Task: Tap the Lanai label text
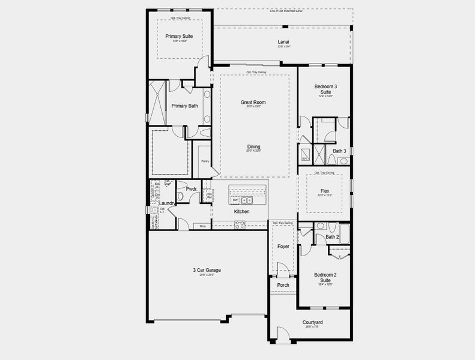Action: tap(283, 42)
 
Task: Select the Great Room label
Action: tap(253, 102)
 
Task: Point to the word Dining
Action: tap(253, 146)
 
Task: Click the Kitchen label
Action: tap(241, 211)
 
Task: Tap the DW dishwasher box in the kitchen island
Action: tap(235, 200)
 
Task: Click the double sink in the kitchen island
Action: tap(246, 200)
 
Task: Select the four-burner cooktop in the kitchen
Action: tap(240, 225)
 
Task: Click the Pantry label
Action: tap(205, 161)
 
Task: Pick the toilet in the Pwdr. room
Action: tap(180, 196)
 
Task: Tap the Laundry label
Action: tap(168, 203)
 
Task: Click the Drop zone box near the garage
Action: tap(203, 226)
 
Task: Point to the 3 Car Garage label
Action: tap(203, 270)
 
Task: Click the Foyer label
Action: tap(283, 246)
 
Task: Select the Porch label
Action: tap(283, 285)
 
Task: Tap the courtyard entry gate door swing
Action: tap(282, 334)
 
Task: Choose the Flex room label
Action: tap(325, 191)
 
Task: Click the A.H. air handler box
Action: tap(304, 158)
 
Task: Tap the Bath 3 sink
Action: tap(343, 161)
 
